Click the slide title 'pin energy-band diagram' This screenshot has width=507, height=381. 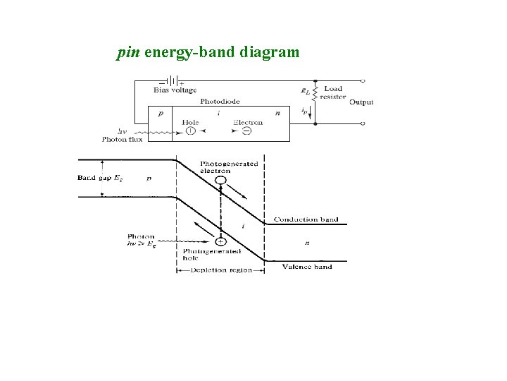208,52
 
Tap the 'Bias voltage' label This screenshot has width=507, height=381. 175,90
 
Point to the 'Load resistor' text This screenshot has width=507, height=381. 332,92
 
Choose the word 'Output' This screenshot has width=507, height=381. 361,102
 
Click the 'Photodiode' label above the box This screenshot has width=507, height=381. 220,102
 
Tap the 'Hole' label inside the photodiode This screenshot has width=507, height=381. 190,122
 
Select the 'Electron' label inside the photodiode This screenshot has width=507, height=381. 248,122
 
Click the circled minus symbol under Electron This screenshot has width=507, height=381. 239,131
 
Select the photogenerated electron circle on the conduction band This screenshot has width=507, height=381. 221,180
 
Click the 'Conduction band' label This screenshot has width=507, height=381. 306,219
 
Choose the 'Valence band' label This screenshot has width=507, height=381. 307,267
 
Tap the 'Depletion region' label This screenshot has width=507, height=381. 221,270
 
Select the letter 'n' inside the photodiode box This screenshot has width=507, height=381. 277,113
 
